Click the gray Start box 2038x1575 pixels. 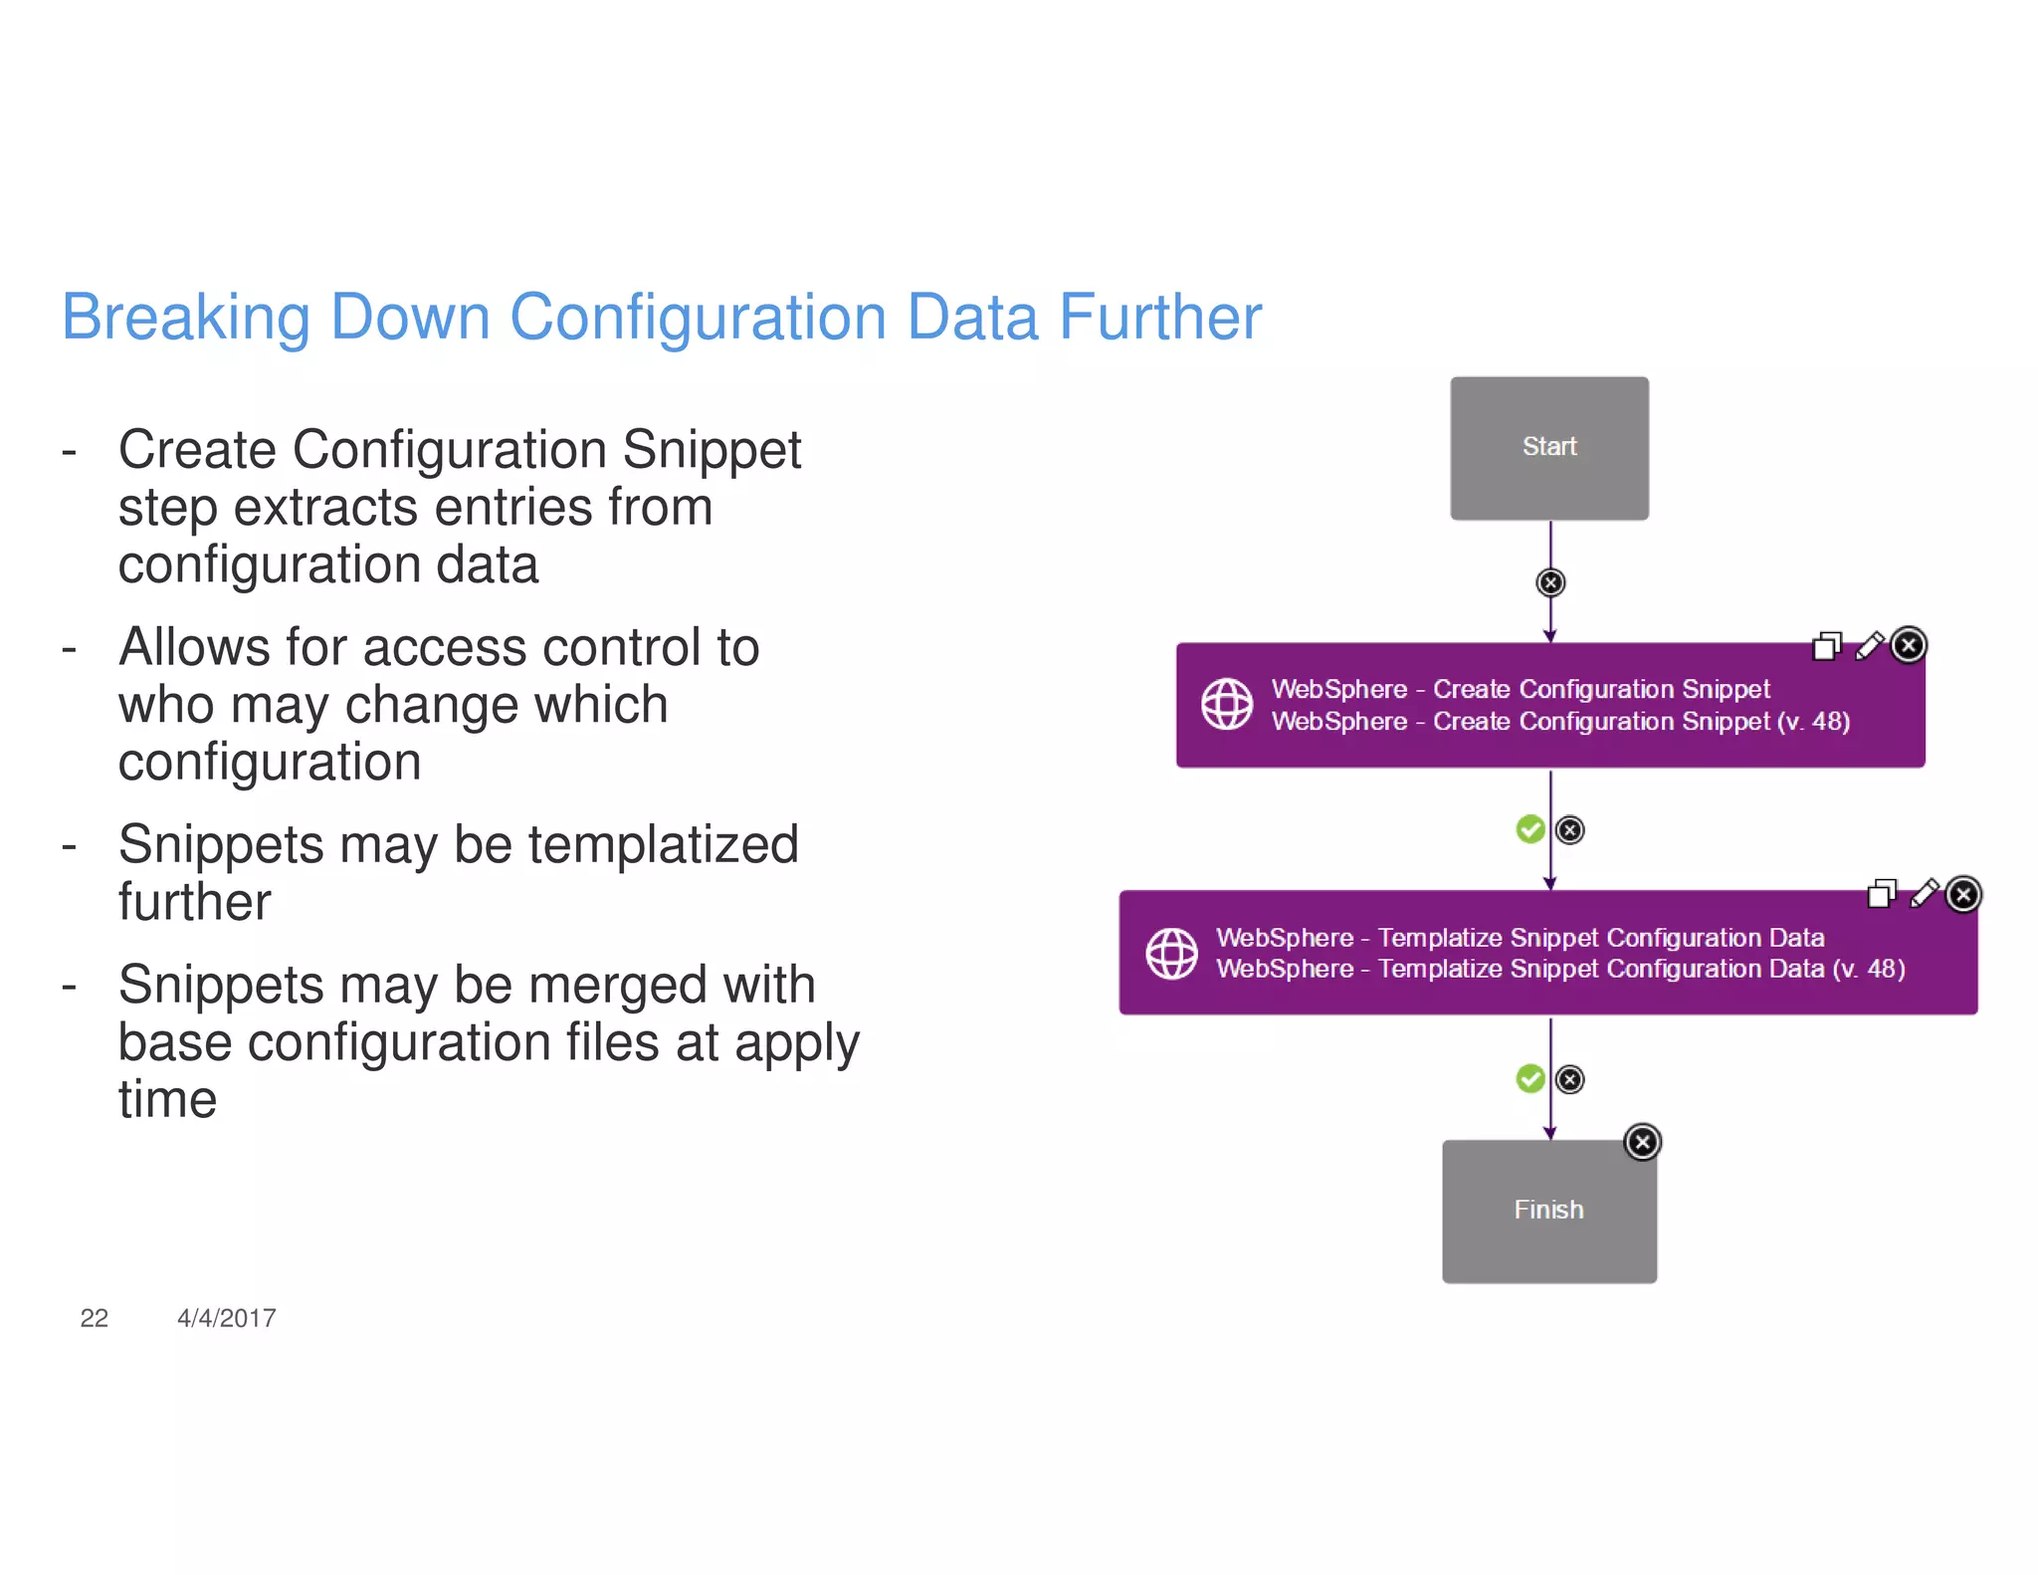coord(1548,448)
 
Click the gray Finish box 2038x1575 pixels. coord(1548,1211)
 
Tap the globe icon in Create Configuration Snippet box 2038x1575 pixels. coord(1226,705)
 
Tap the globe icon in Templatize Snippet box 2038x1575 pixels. coord(1171,954)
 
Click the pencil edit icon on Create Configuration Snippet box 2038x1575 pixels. coord(1870,646)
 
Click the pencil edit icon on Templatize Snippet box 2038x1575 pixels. coord(1925,894)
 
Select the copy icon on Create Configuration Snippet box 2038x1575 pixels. coord(1827,647)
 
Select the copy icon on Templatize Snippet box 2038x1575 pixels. coord(1882,894)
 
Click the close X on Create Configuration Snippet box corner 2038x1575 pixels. coord(1909,645)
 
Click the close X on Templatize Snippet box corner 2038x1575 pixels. coord(1963,894)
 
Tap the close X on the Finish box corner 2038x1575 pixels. coord(1643,1142)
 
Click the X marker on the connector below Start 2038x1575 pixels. coord(1550,582)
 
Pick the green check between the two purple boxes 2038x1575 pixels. coord(1529,829)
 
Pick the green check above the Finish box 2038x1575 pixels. coord(1529,1078)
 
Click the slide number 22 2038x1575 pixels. coord(94,1318)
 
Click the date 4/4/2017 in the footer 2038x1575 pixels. coord(226,1318)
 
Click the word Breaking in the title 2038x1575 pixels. coord(186,319)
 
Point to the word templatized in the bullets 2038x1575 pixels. coord(663,845)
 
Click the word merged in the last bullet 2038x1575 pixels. coord(617,986)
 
